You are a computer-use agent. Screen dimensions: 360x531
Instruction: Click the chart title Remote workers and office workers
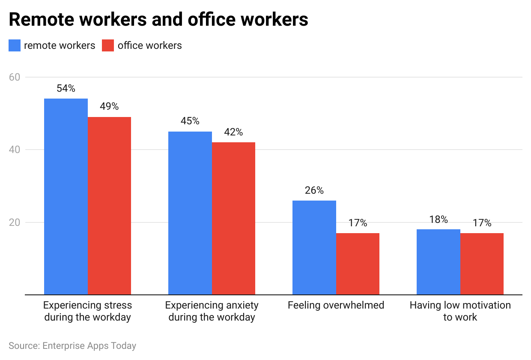[x=158, y=19]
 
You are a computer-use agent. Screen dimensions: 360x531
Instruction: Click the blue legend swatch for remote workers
[x=15, y=45]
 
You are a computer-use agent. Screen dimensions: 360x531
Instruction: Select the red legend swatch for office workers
[x=108, y=45]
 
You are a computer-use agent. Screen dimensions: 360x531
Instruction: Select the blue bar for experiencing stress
[x=66, y=197]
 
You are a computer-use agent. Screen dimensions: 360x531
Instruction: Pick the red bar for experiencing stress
[x=109, y=206]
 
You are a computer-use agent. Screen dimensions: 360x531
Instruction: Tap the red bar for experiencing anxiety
[x=233, y=219]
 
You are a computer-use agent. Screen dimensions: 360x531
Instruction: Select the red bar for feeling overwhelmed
[x=358, y=264]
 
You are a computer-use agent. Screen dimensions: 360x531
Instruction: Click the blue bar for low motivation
[x=439, y=262]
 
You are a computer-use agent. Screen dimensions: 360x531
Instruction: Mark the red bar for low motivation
[x=482, y=264]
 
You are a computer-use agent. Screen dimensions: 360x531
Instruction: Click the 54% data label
[x=66, y=89]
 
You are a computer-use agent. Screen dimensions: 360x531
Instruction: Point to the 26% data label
[x=314, y=191]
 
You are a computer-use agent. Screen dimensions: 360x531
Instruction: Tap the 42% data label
[x=233, y=132]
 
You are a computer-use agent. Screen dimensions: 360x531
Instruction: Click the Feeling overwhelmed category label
[x=336, y=306]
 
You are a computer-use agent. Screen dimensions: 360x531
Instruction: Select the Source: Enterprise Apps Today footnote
[x=72, y=345]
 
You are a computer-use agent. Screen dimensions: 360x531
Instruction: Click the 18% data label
[x=439, y=219]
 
